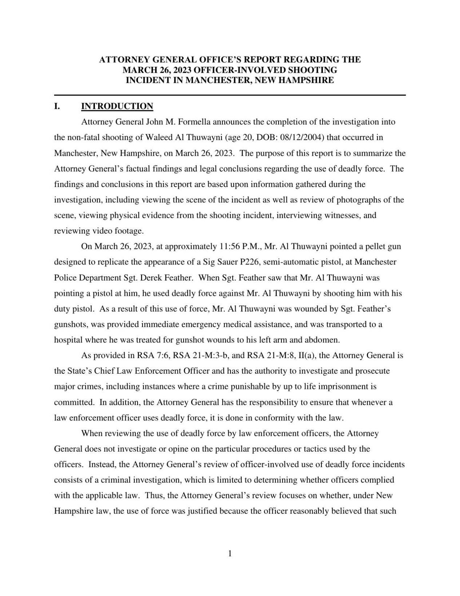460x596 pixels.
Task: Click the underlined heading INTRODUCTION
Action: tap(117, 106)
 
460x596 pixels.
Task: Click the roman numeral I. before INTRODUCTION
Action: tap(57, 106)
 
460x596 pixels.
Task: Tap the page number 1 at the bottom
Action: tap(230, 554)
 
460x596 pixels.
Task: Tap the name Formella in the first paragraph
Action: tap(197, 122)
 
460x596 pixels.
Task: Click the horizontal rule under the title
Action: tap(230, 95)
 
